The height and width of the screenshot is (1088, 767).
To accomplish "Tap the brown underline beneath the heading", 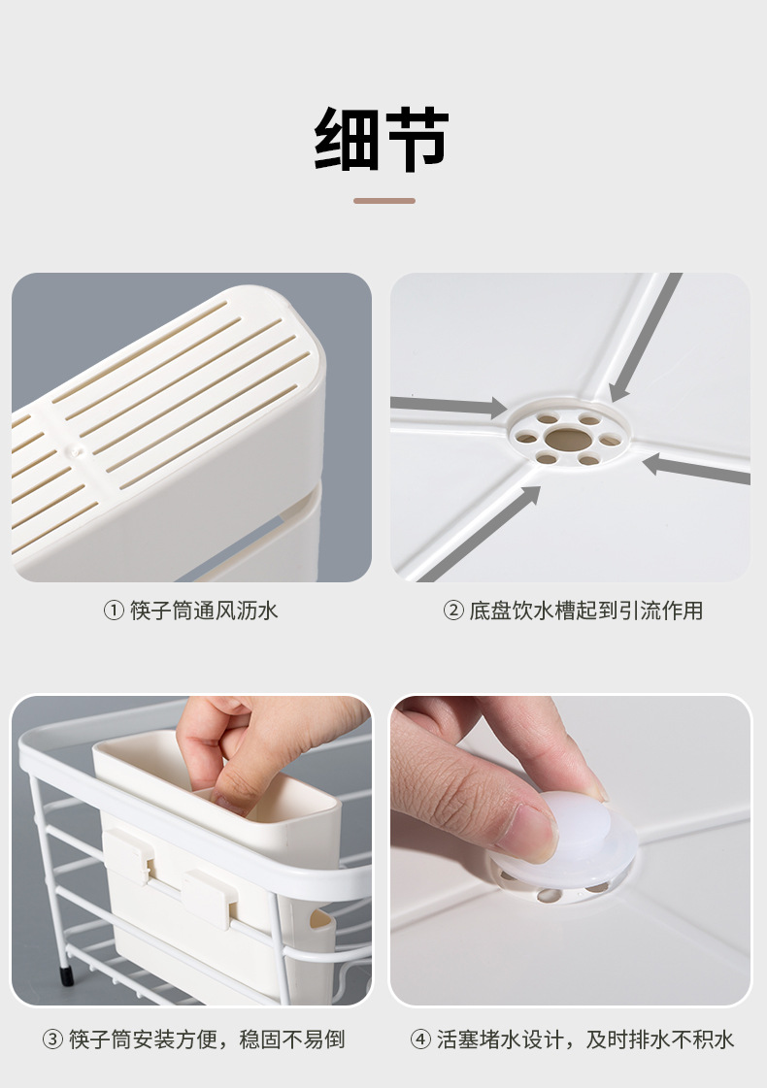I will (383, 201).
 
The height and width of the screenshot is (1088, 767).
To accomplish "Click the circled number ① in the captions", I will (115, 610).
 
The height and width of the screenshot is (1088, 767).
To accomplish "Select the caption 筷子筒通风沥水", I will (204, 610).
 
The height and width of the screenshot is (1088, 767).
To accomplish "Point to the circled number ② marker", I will (453, 610).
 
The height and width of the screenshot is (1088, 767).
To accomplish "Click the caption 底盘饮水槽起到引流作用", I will (585, 610).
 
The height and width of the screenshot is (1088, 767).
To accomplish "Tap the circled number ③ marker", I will (52, 1039).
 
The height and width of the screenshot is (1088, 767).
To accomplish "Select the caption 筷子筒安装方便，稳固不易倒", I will (207, 1039).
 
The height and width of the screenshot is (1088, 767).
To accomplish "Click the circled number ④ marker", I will (420, 1039).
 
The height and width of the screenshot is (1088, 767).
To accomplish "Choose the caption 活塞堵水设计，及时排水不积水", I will (585, 1039).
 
